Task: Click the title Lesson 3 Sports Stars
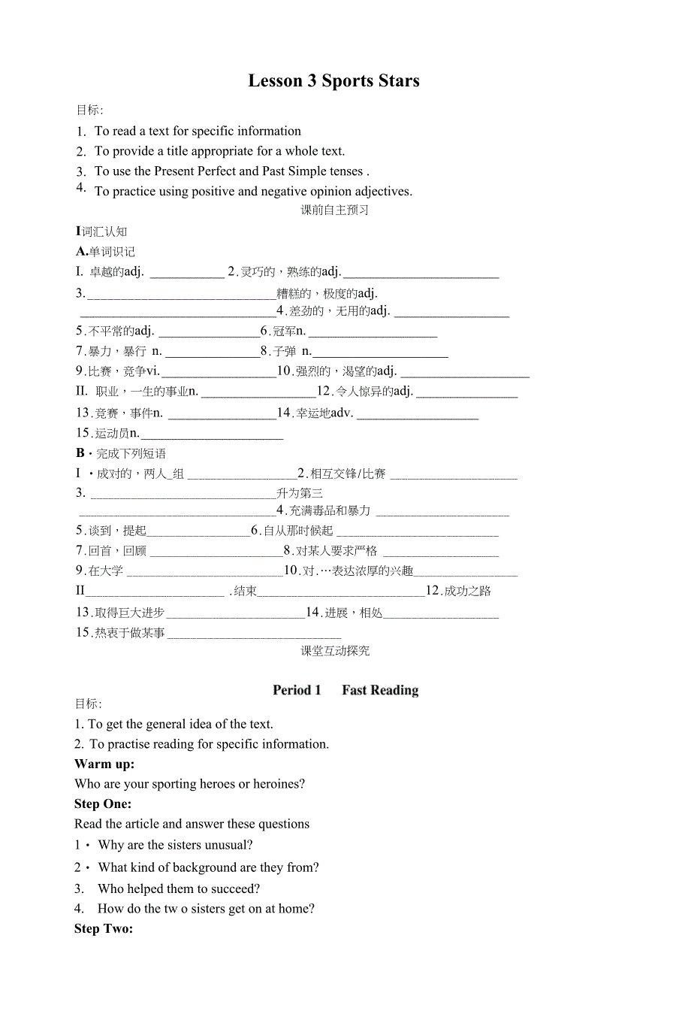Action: [333, 81]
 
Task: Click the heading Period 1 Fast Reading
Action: [345, 690]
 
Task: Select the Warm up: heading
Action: [104, 764]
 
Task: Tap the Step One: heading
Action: [103, 804]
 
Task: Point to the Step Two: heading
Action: [104, 928]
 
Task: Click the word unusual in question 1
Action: [228, 845]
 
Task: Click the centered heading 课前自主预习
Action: [335, 210]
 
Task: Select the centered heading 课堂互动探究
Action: [335, 651]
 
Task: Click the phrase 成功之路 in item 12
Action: [467, 592]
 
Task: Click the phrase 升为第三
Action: [300, 494]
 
